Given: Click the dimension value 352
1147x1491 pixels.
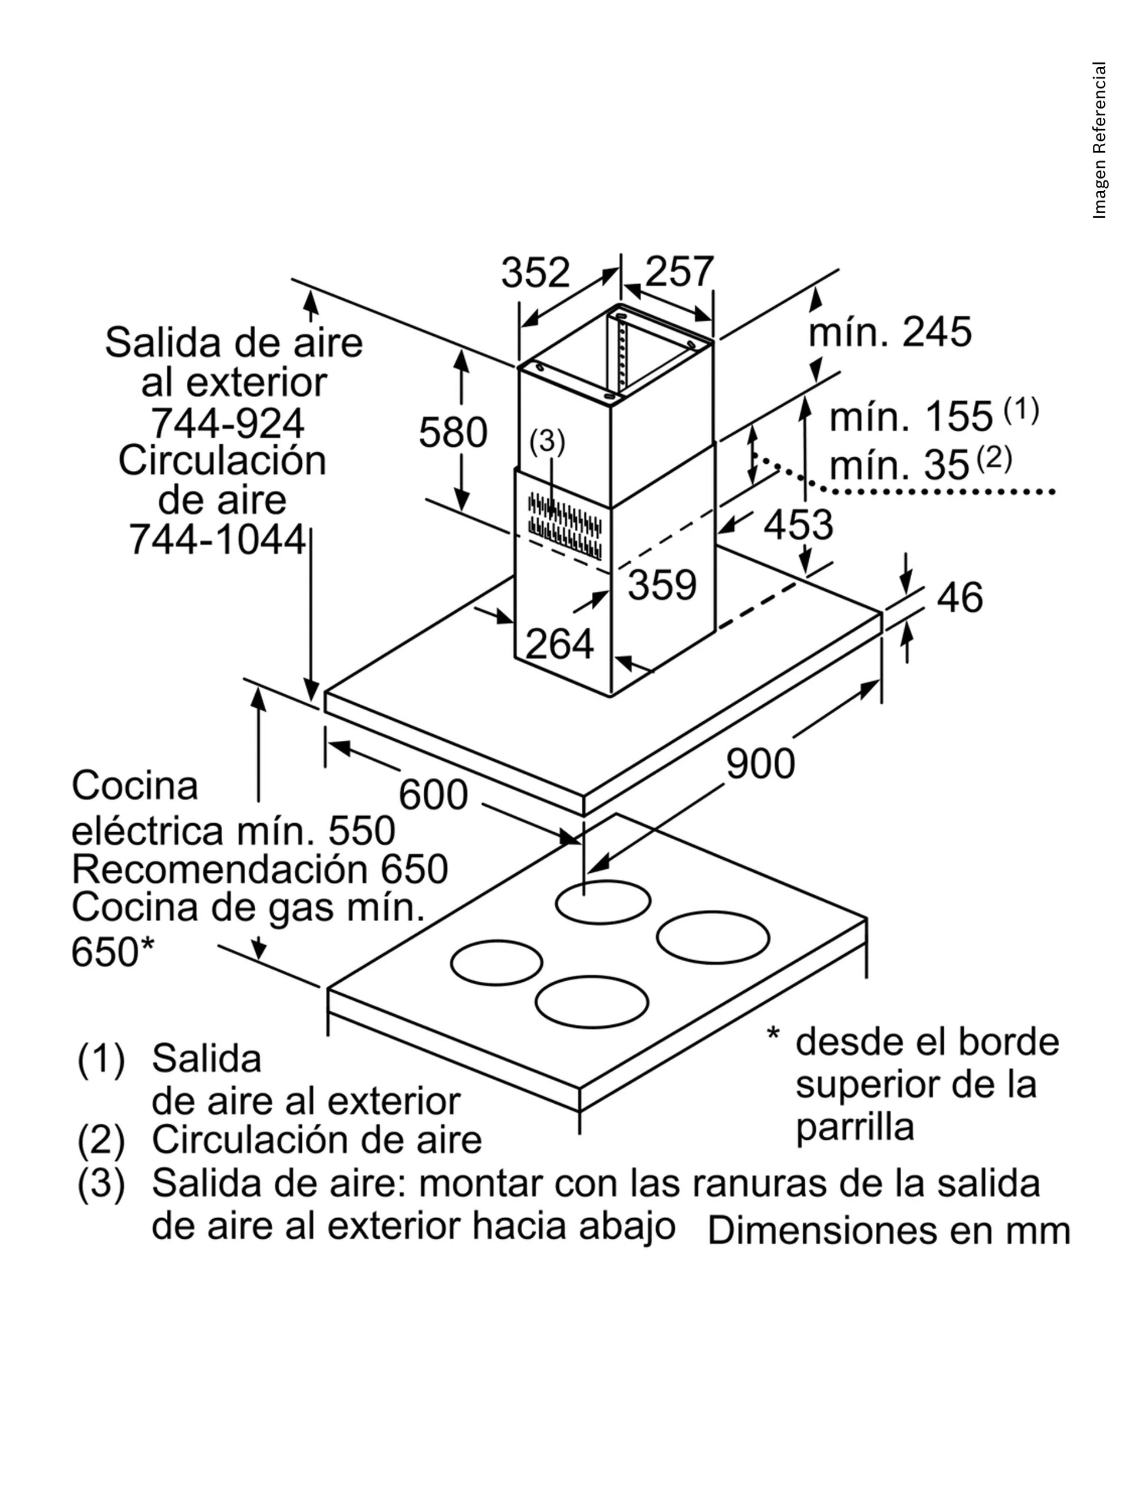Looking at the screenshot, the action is click(535, 272).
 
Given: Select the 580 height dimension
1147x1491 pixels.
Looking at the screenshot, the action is click(453, 432).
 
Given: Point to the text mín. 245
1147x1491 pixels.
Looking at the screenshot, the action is click(889, 332).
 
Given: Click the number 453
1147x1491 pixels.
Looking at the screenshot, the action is click(798, 525).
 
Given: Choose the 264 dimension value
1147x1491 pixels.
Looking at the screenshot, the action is click(559, 644).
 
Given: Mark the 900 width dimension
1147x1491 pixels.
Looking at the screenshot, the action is click(760, 763).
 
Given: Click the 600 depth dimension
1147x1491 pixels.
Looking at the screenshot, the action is click(433, 794).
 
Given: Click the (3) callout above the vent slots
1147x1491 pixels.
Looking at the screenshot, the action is click(548, 443).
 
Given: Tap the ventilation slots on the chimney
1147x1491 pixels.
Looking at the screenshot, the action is click(565, 525).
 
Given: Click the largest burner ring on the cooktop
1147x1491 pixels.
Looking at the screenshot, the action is click(713, 938).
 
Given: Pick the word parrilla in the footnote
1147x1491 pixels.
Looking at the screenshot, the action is click(854, 1126).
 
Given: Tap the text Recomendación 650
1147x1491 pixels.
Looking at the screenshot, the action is click(259, 869).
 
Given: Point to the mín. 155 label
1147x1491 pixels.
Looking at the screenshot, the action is click(910, 417).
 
